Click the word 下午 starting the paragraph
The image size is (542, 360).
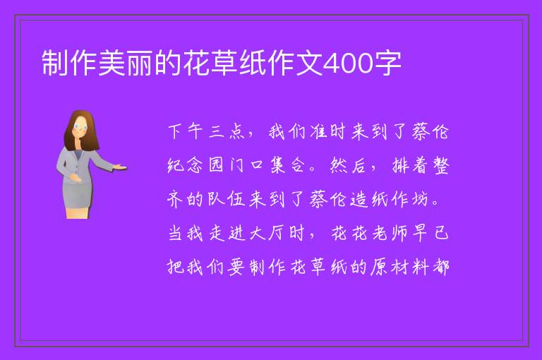coord(186,131)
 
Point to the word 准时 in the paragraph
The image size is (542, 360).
coord(327,131)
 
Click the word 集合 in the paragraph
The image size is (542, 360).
coord(287,165)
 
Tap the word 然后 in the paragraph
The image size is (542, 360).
coord(348,165)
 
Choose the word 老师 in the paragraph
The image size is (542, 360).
coord(390,233)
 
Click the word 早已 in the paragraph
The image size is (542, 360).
coord(430,233)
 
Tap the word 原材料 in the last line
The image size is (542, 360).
coord(399,267)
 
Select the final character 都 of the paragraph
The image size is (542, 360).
coord(440,267)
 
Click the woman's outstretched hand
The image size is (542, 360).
coord(121,167)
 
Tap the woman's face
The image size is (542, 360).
coord(80,127)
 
